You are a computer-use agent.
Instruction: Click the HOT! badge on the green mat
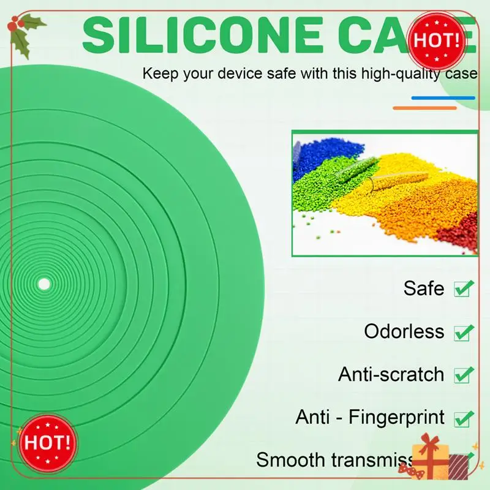pyautogui.click(x=47, y=442)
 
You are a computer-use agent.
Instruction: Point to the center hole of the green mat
pyautogui.click(x=44, y=284)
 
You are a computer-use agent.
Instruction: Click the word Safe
pyautogui.click(x=424, y=288)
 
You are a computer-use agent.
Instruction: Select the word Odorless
pyautogui.click(x=404, y=331)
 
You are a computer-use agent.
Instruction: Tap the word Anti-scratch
pyautogui.click(x=391, y=374)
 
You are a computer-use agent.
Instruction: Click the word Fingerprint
pyautogui.click(x=397, y=418)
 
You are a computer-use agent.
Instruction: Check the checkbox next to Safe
pyautogui.click(x=464, y=288)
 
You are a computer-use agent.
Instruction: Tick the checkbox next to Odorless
pyautogui.click(x=464, y=332)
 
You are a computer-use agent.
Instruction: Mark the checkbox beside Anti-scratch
pyautogui.click(x=464, y=375)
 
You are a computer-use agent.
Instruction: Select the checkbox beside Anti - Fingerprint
pyautogui.click(x=464, y=418)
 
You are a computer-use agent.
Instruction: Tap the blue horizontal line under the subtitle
pyautogui.click(x=443, y=97)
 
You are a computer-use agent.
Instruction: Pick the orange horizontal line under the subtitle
pyautogui.click(x=424, y=108)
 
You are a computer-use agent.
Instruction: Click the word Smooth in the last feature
pyautogui.click(x=292, y=459)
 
